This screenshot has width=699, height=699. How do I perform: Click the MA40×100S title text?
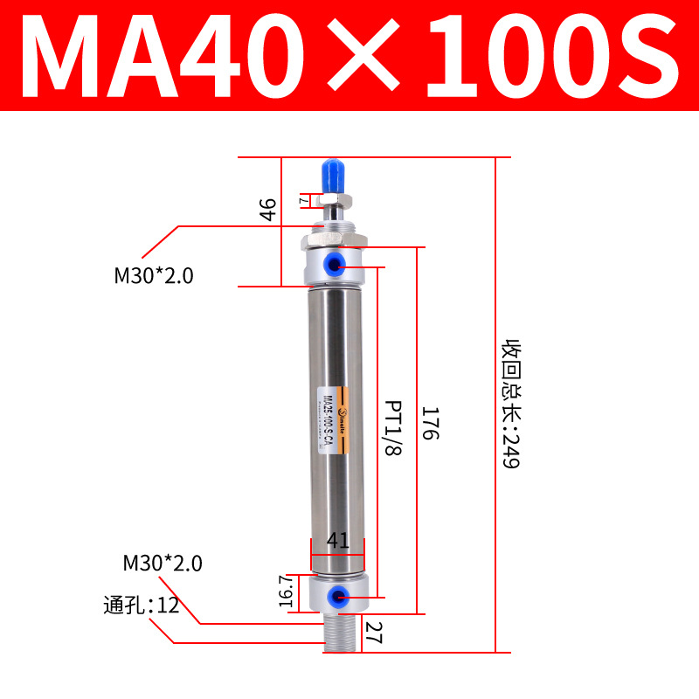[349, 55]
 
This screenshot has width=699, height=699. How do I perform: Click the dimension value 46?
[268, 210]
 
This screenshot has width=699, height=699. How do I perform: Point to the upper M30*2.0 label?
[154, 276]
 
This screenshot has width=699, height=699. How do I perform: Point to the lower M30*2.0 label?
[163, 564]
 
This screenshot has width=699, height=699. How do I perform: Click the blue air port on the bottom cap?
[336, 596]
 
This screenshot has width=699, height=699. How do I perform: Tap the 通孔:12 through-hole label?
[141, 605]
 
